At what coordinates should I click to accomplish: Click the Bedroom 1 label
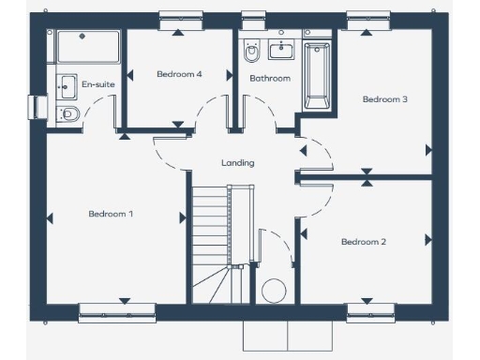pos(111,214)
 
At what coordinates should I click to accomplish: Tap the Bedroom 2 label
pos(363,242)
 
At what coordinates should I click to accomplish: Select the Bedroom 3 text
pos(384,99)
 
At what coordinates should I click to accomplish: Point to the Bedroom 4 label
pos(179,74)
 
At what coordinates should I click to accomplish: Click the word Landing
pos(237,163)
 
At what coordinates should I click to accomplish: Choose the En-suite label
pos(98,84)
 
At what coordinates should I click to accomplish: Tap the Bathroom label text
pos(269,79)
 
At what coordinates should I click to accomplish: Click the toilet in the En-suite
pos(68,113)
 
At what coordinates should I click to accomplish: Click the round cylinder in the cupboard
pos(274,291)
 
